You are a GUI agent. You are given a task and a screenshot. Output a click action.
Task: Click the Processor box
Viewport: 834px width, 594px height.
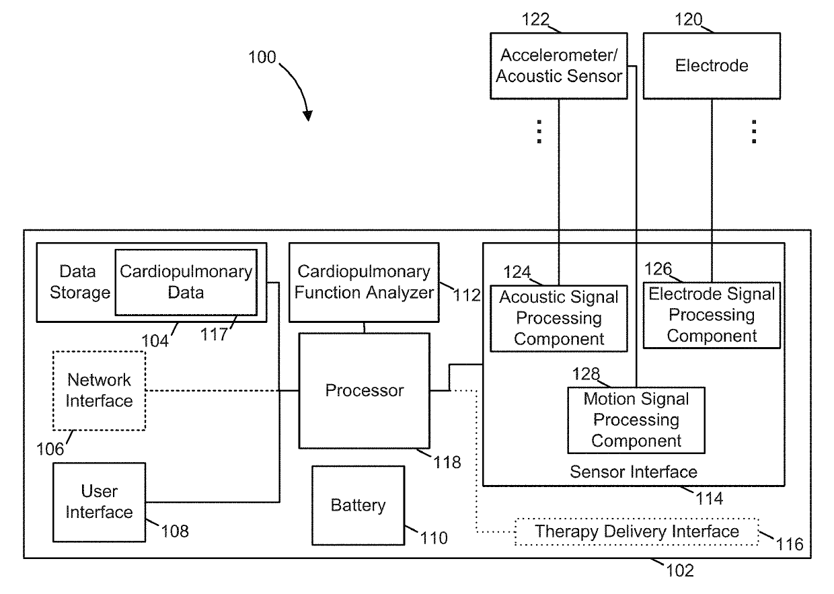tap(364, 391)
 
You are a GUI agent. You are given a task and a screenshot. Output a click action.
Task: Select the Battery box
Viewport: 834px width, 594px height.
tap(358, 505)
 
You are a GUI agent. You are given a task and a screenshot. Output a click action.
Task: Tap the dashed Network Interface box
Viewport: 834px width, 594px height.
tap(99, 391)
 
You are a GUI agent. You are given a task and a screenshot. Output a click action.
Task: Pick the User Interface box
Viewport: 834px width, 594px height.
tap(99, 502)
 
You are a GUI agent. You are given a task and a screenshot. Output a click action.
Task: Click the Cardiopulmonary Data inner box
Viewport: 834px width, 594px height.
tap(186, 283)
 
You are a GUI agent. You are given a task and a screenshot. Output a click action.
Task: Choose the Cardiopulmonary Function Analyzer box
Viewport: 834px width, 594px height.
tap(364, 283)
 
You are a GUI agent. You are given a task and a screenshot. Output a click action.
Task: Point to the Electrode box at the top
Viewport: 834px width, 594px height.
tap(712, 66)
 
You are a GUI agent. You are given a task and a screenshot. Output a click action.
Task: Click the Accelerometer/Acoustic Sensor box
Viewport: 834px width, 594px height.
tap(558, 66)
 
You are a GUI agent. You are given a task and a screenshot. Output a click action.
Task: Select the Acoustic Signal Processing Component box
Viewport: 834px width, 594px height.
tap(558, 318)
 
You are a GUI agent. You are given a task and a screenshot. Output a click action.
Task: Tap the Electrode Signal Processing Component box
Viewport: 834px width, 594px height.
tap(712, 315)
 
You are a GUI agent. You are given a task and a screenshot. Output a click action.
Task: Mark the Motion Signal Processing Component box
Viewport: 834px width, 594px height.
tap(636, 420)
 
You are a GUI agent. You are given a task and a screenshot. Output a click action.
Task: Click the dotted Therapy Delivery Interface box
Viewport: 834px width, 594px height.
tap(637, 532)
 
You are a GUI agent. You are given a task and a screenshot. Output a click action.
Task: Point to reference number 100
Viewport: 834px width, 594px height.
tap(262, 57)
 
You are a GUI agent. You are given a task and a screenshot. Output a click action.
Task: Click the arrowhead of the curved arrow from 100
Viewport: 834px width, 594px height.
tap(308, 116)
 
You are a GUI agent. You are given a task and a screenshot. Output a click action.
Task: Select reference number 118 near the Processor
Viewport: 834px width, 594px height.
tap(447, 463)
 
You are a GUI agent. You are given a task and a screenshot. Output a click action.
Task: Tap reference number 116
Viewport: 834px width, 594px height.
tap(790, 544)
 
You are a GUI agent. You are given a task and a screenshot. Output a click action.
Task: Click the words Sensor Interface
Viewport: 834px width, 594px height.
tap(634, 472)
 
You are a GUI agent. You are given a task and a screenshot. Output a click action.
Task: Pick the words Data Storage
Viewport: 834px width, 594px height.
tap(79, 282)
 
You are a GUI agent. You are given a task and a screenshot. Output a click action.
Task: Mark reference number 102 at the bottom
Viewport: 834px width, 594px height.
tap(680, 570)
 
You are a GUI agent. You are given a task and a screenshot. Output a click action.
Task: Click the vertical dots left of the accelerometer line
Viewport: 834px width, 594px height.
tap(539, 131)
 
